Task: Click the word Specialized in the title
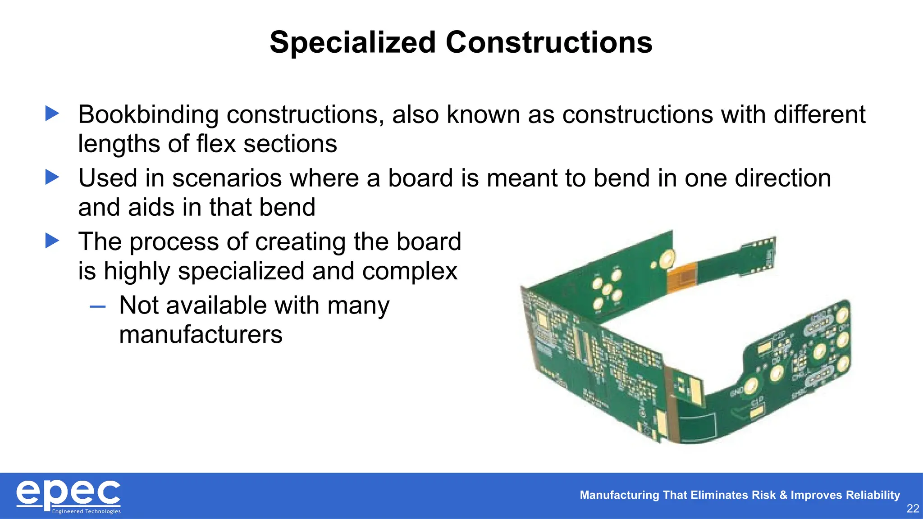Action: (x=352, y=43)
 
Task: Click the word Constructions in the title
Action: (x=549, y=43)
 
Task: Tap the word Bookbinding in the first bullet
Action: (x=148, y=115)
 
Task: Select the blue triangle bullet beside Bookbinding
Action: (x=52, y=114)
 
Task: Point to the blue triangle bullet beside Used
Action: (x=52, y=177)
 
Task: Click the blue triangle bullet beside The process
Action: (x=52, y=241)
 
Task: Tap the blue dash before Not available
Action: (x=97, y=307)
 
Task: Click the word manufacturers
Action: (x=201, y=335)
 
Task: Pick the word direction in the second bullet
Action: (x=782, y=178)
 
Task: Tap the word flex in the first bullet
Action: (x=216, y=144)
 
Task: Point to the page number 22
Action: (x=913, y=509)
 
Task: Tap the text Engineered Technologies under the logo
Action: (x=86, y=511)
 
